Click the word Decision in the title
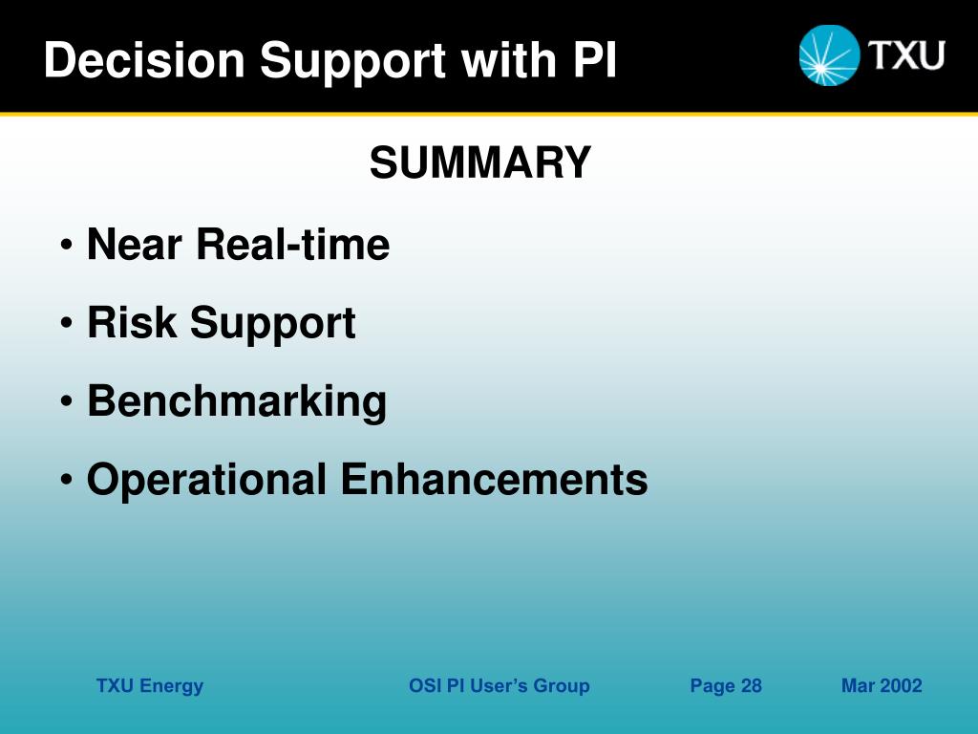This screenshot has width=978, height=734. click(x=144, y=60)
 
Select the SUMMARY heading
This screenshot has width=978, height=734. click(x=480, y=162)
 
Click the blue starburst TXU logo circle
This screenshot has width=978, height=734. click(x=830, y=54)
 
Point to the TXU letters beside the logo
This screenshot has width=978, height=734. click(x=907, y=54)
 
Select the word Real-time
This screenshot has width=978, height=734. click(x=293, y=244)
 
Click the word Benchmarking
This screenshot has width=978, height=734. click(x=237, y=401)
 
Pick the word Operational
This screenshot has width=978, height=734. click(x=206, y=480)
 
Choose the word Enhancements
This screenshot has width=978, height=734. click(x=494, y=480)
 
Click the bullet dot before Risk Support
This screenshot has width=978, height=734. click(x=67, y=323)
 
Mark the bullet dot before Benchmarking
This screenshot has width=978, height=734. click(x=67, y=402)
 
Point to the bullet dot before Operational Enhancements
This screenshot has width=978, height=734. click(x=67, y=480)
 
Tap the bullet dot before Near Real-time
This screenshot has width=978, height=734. click(x=67, y=245)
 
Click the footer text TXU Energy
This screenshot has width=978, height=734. click(x=150, y=686)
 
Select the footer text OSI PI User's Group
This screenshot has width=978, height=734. click(x=499, y=686)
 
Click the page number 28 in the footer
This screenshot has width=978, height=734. click(x=752, y=686)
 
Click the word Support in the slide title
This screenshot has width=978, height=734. click(x=353, y=62)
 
